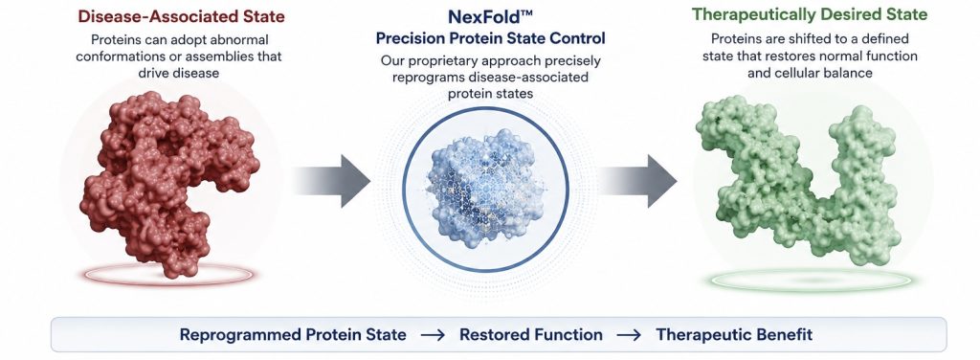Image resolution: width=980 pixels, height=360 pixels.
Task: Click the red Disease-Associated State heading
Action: tap(181, 15)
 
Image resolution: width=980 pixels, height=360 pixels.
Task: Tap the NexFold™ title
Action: tap(490, 15)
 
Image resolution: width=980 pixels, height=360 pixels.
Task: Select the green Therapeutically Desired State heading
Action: tap(810, 14)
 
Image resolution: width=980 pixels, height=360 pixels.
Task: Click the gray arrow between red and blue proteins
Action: tap(331, 181)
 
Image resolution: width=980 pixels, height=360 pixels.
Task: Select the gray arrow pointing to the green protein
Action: tap(637, 181)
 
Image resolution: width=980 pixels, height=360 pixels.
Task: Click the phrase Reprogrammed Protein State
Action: tap(293, 334)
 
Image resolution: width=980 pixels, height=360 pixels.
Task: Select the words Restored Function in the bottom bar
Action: tap(531, 334)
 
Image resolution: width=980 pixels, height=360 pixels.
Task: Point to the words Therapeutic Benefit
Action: tap(734, 334)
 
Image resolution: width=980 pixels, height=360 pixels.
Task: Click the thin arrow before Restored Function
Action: tap(433, 335)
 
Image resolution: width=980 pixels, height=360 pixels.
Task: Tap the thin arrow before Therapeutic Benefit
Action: tap(629, 335)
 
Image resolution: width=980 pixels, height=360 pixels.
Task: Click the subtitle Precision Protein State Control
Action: tap(490, 38)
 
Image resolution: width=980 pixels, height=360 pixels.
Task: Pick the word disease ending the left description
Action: tap(197, 73)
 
